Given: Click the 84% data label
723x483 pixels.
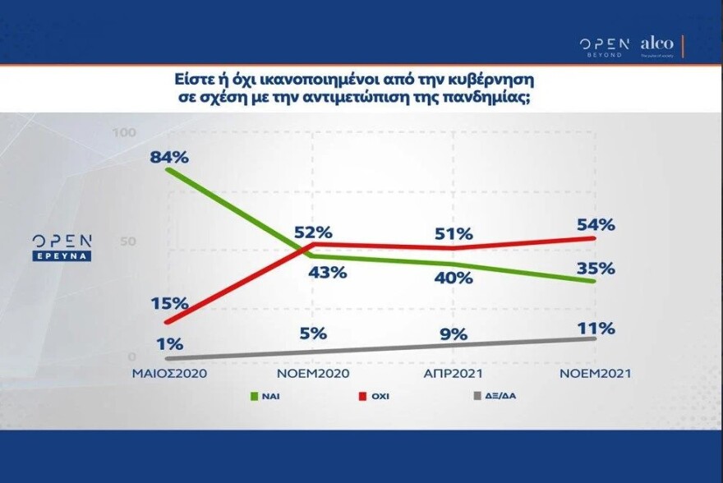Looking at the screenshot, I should point(169,156).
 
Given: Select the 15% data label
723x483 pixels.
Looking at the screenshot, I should point(169,303).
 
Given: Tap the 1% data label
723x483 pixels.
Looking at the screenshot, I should point(169,344).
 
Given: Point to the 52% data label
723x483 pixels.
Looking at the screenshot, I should point(312,232).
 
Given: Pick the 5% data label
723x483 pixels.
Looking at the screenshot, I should point(313,333).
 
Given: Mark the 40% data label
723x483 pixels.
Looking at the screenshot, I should point(453,278).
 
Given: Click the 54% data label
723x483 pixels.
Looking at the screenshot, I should point(595,225).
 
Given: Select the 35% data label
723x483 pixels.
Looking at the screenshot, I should point(595,268).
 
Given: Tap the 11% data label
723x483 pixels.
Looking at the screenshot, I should point(595,329).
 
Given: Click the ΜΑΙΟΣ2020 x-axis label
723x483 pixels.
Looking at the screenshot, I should point(169,373).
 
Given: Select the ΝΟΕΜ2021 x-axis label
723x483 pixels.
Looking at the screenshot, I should point(594,373).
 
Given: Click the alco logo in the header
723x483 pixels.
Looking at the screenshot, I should point(656,44).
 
